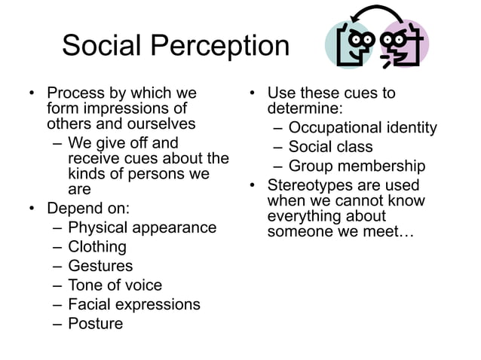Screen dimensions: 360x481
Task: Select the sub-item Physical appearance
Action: tap(142, 227)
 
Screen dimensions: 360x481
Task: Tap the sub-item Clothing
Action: tap(97, 246)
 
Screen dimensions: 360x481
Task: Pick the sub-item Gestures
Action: tap(100, 266)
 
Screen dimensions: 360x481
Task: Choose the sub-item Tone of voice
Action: tap(115, 285)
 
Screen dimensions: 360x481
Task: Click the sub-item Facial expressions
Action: tap(134, 304)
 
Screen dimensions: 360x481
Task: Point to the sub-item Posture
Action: tap(95, 324)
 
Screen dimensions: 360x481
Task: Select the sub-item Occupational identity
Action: tap(363, 127)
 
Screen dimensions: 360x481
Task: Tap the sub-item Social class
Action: tap(330, 147)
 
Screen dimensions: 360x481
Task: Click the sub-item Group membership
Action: tap(357, 166)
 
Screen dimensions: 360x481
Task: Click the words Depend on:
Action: tap(87, 208)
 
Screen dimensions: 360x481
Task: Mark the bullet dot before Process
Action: tap(31, 94)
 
